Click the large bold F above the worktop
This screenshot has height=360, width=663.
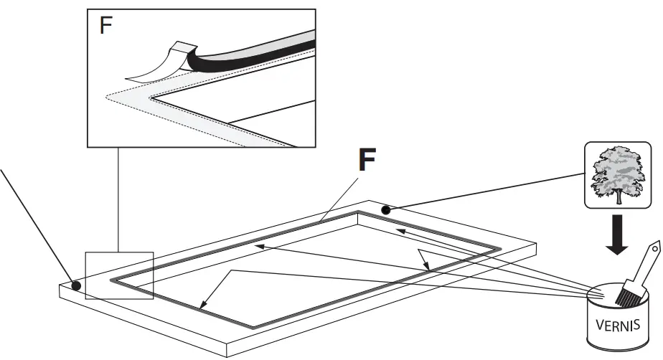coord(367,161)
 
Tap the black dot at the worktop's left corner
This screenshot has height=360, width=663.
coord(76,285)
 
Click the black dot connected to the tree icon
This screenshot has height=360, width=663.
coord(386,210)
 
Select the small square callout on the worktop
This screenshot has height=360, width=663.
coord(119,275)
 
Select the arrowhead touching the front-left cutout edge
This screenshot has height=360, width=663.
coord(204,304)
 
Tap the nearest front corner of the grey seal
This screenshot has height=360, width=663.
coord(253,327)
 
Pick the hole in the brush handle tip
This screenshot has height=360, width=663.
coord(654,247)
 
